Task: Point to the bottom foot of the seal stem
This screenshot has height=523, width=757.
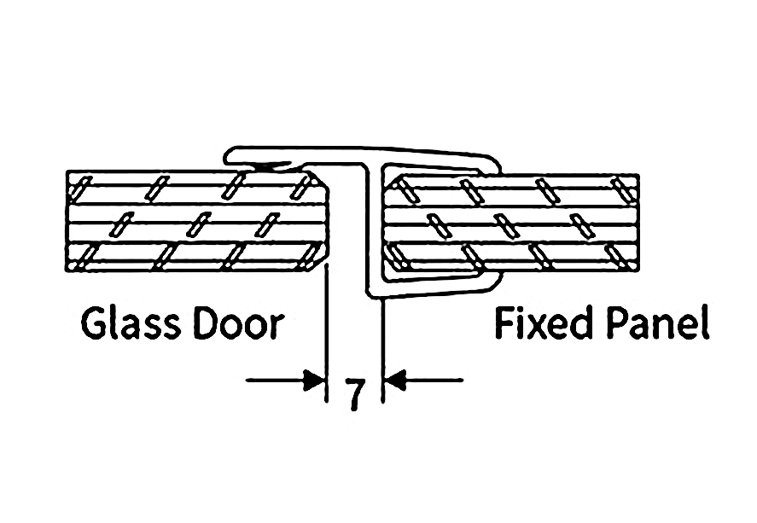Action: coord(376,293)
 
